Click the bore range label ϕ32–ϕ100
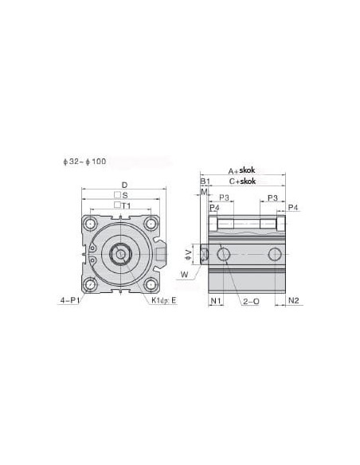84,162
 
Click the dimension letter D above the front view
124,185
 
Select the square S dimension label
121,195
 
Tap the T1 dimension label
123,205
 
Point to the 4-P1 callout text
70,300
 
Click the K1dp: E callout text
164,300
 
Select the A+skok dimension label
241,170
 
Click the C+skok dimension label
242,182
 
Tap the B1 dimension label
205,182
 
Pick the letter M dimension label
204,192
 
